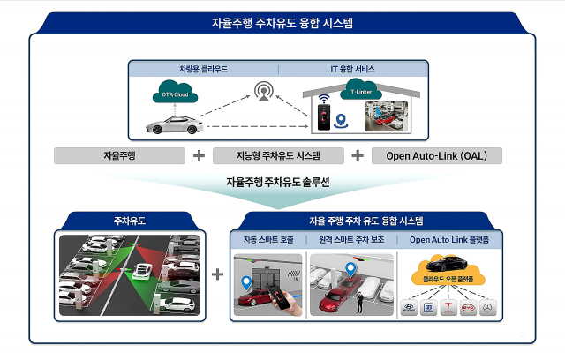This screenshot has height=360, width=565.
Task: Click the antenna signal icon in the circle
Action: click(263, 91)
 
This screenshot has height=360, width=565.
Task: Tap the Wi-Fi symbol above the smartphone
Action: click(323, 97)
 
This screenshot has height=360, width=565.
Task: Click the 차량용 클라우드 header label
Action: click(202, 68)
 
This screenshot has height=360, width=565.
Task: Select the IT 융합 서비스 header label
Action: click(353, 68)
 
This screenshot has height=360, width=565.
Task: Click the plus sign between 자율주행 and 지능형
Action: click(199, 156)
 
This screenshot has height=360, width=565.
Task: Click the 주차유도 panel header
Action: click(129, 221)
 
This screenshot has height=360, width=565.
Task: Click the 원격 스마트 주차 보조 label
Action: click(350, 239)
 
